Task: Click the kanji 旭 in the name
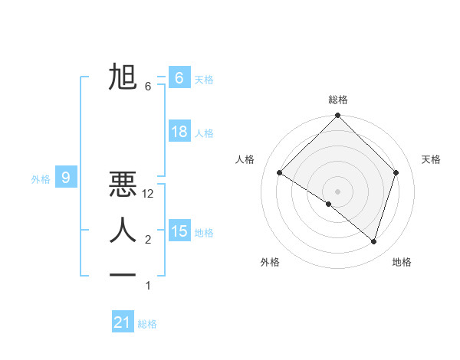pyautogui.click(x=123, y=78)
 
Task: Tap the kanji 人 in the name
pyautogui.click(x=123, y=230)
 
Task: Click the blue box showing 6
pyautogui.click(x=179, y=78)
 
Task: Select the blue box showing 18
pyautogui.click(x=179, y=132)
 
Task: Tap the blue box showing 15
pyautogui.click(x=179, y=231)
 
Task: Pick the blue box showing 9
pyautogui.click(x=66, y=178)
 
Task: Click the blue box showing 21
pyautogui.click(x=123, y=322)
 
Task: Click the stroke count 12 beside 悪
pyautogui.click(x=149, y=195)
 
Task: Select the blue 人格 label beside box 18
pyautogui.click(x=204, y=133)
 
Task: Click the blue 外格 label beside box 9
pyautogui.click(x=41, y=179)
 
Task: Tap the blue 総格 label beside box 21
pyautogui.click(x=147, y=324)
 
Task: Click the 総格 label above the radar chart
pyautogui.click(x=337, y=100)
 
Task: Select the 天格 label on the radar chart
pyautogui.click(x=432, y=159)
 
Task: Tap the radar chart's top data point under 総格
pyautogui.click(x=337, y=116)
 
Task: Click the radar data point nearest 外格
pyautogui.click(x=329, y=205)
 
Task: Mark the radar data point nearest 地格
pyautogui.click(x=373, y=242)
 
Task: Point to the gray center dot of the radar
pyautogui.click(x=337, y=191)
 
